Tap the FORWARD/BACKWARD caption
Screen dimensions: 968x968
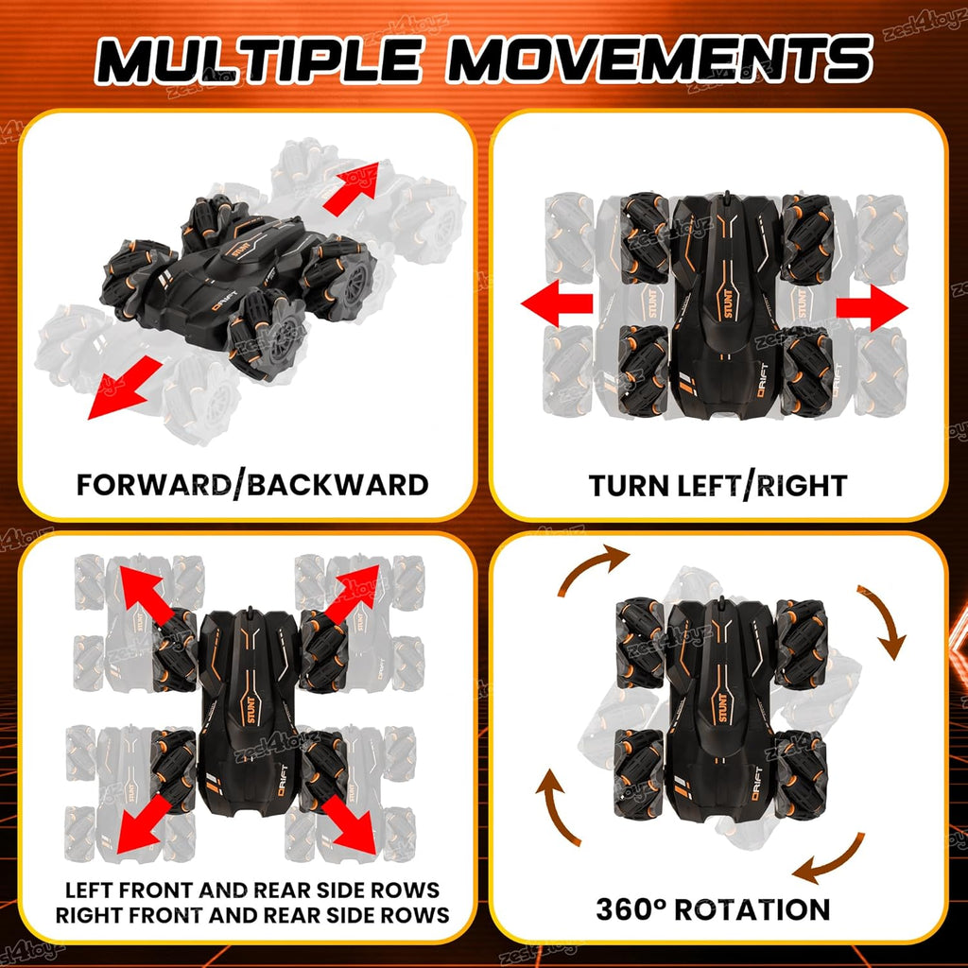click(x=252, y=485)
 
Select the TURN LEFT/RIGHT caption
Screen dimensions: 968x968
click(x=717, y=485)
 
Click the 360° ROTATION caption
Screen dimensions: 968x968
click(x=713, y=909)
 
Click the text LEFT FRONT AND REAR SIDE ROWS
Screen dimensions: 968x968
click(x=251, y=890)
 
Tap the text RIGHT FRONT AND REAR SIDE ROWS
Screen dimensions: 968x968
click(x=251, y=914)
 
